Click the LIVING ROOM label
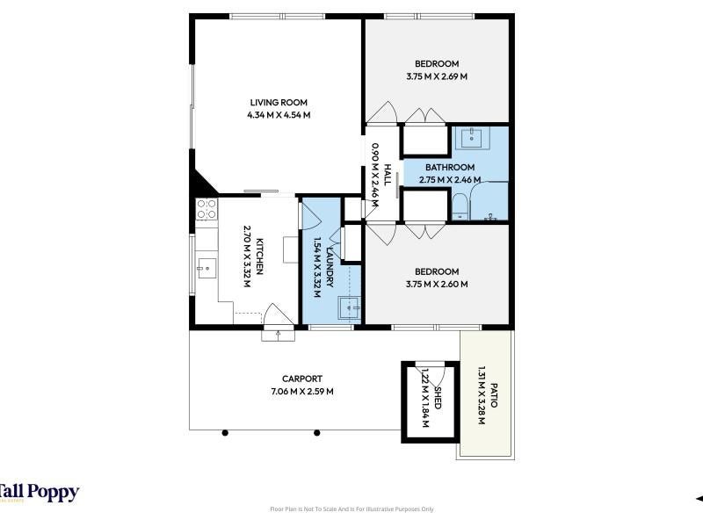(279, 103)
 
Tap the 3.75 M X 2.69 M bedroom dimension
(437, 76)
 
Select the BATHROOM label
(450, 168)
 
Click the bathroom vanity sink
(472, 138)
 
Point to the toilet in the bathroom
(460, 206)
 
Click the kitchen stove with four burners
(207, 209)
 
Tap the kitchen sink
(207, 268)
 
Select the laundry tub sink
(349, 308)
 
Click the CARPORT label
(302, 379)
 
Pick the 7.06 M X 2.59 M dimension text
(302, 391)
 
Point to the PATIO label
(494, 395)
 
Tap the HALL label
(387, 175)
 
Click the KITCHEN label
(259, 256)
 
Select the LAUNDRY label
(330, 266)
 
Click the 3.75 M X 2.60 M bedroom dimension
(437, 284)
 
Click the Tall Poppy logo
(40, 493)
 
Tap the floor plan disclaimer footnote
(352, 509)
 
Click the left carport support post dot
(225, 433)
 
